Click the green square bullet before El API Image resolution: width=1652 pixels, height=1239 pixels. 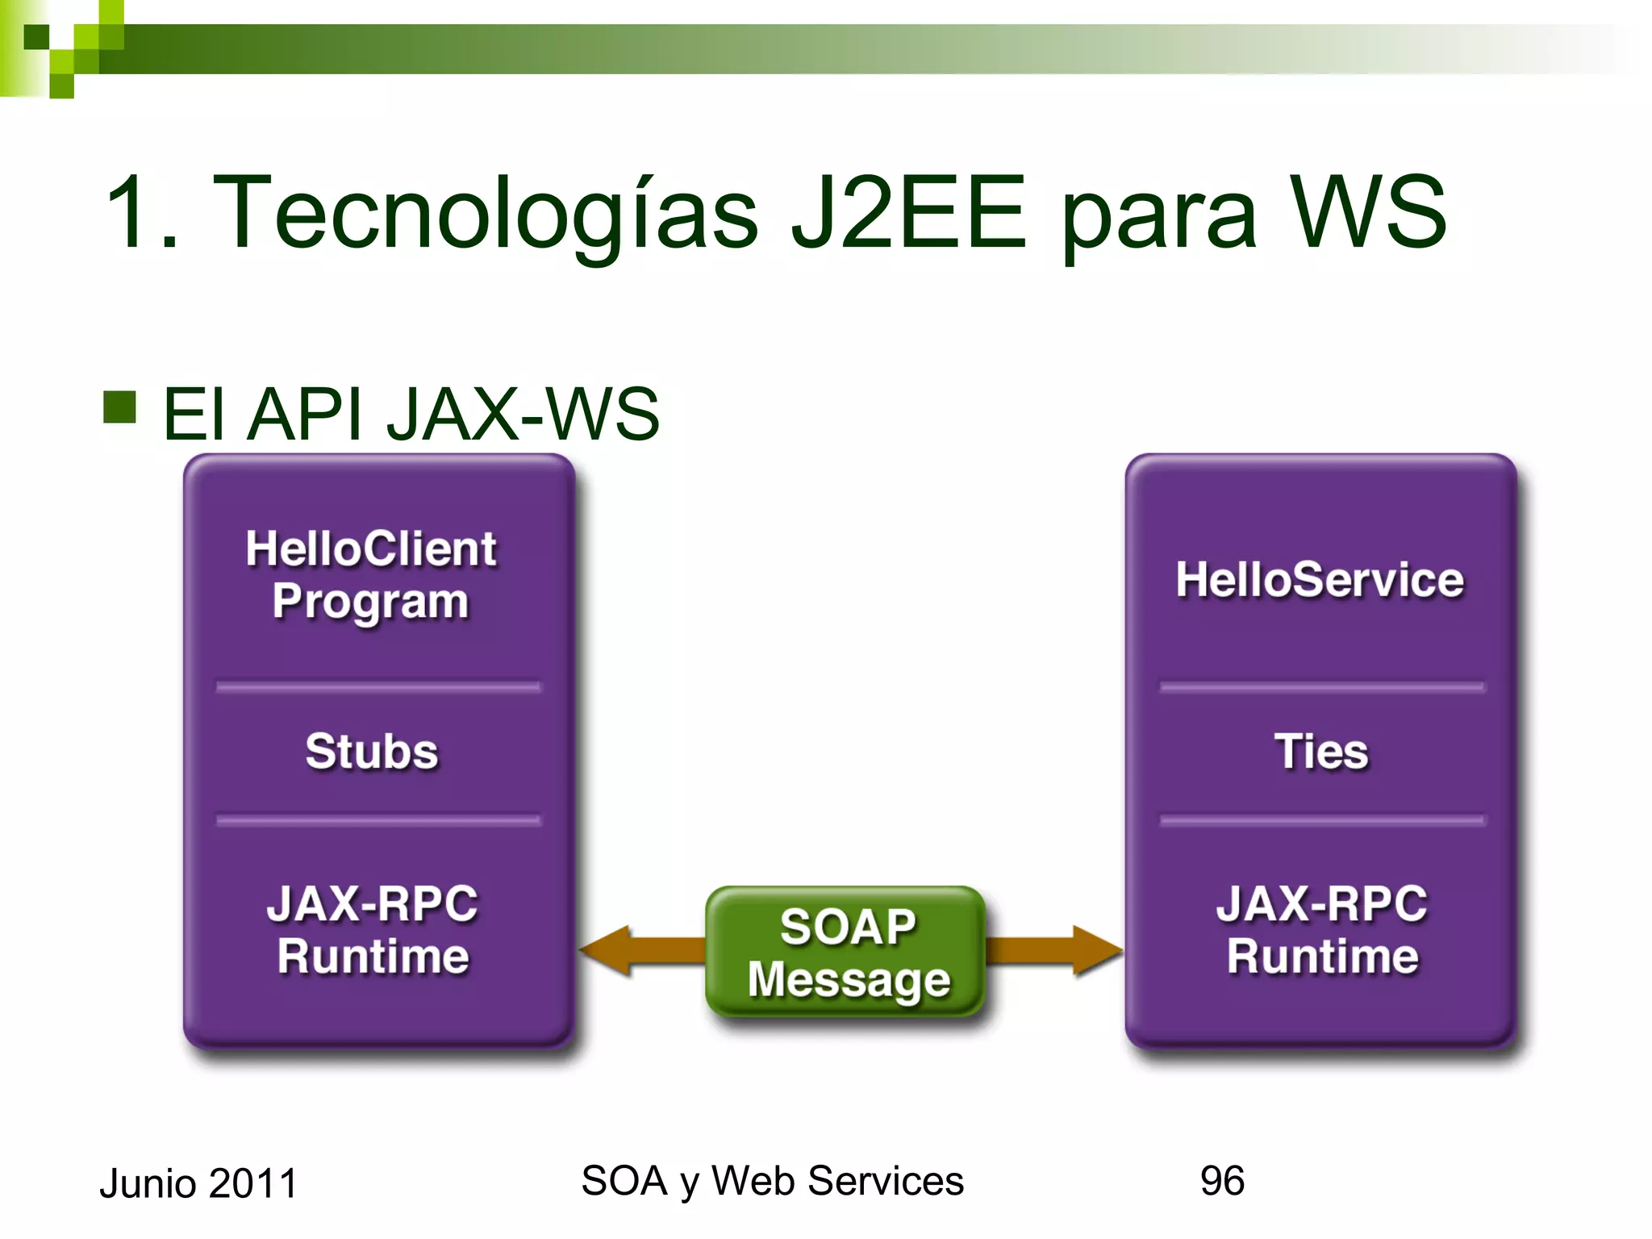pyautogui.click(x=119, y=407)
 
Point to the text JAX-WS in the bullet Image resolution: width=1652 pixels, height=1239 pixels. pyautogui.click(x=523, y=415)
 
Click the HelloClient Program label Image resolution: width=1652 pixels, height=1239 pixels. pyautogui.click(x=371, y=574)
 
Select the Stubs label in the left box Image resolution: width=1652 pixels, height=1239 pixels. pyautogui.click(x=371, y=752)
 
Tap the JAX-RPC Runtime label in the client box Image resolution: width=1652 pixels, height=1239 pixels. pyautogui.click(x=373, y=929)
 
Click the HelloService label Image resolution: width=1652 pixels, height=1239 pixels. pyautogui.click(x=1320, y=580)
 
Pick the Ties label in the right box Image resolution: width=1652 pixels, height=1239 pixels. pyautogui.click(x=1321, y=752)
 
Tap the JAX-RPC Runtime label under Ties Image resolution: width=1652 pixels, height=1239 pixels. pyautogui.click(x=1321, y=929)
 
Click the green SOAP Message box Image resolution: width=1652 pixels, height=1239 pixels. pyautogui.click(x=847, y=952)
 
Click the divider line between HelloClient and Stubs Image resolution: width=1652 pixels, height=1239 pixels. pyautogui.click(x=378, y=687)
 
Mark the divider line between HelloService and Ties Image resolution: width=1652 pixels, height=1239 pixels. pyautogui.click(x=1321, y=687)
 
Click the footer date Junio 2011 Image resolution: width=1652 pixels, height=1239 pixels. pyautogui.click(x=198, y=1183)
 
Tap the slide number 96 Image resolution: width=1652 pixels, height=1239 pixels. pyautogui.click(x=1221, y=1181)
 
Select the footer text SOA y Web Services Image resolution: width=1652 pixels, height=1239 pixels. pyautogui.click(x=772, y=1181)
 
